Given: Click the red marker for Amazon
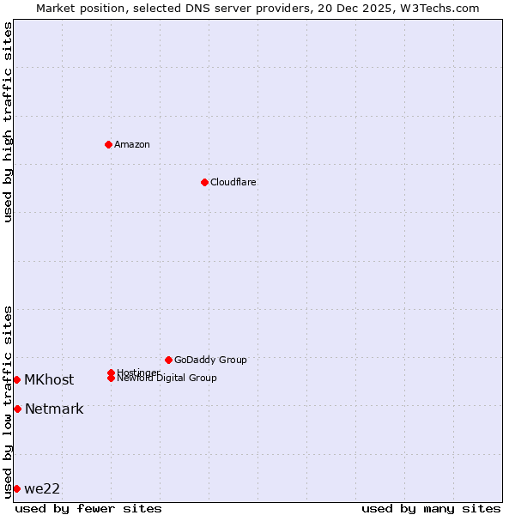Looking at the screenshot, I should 108,144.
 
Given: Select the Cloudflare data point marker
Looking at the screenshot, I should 204,182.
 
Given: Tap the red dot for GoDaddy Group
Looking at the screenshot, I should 168,360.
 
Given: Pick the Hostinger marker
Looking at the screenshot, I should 111,373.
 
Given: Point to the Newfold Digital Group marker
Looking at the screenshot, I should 111,379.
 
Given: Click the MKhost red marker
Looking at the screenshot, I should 17,379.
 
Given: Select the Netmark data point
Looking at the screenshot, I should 17,409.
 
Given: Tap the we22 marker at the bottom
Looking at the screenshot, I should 17,488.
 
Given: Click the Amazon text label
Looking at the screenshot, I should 132,144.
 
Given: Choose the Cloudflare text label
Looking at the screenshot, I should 233,182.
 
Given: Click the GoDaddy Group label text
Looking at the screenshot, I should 210,360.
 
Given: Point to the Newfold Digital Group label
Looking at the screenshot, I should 167,379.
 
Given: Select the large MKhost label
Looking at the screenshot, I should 49,379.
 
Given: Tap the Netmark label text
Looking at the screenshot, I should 54,409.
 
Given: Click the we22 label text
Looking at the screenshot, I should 42,488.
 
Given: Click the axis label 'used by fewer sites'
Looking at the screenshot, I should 88,508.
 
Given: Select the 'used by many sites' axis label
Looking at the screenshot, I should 431,508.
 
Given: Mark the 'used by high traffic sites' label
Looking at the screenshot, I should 9,122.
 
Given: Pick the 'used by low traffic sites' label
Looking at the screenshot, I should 9,402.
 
